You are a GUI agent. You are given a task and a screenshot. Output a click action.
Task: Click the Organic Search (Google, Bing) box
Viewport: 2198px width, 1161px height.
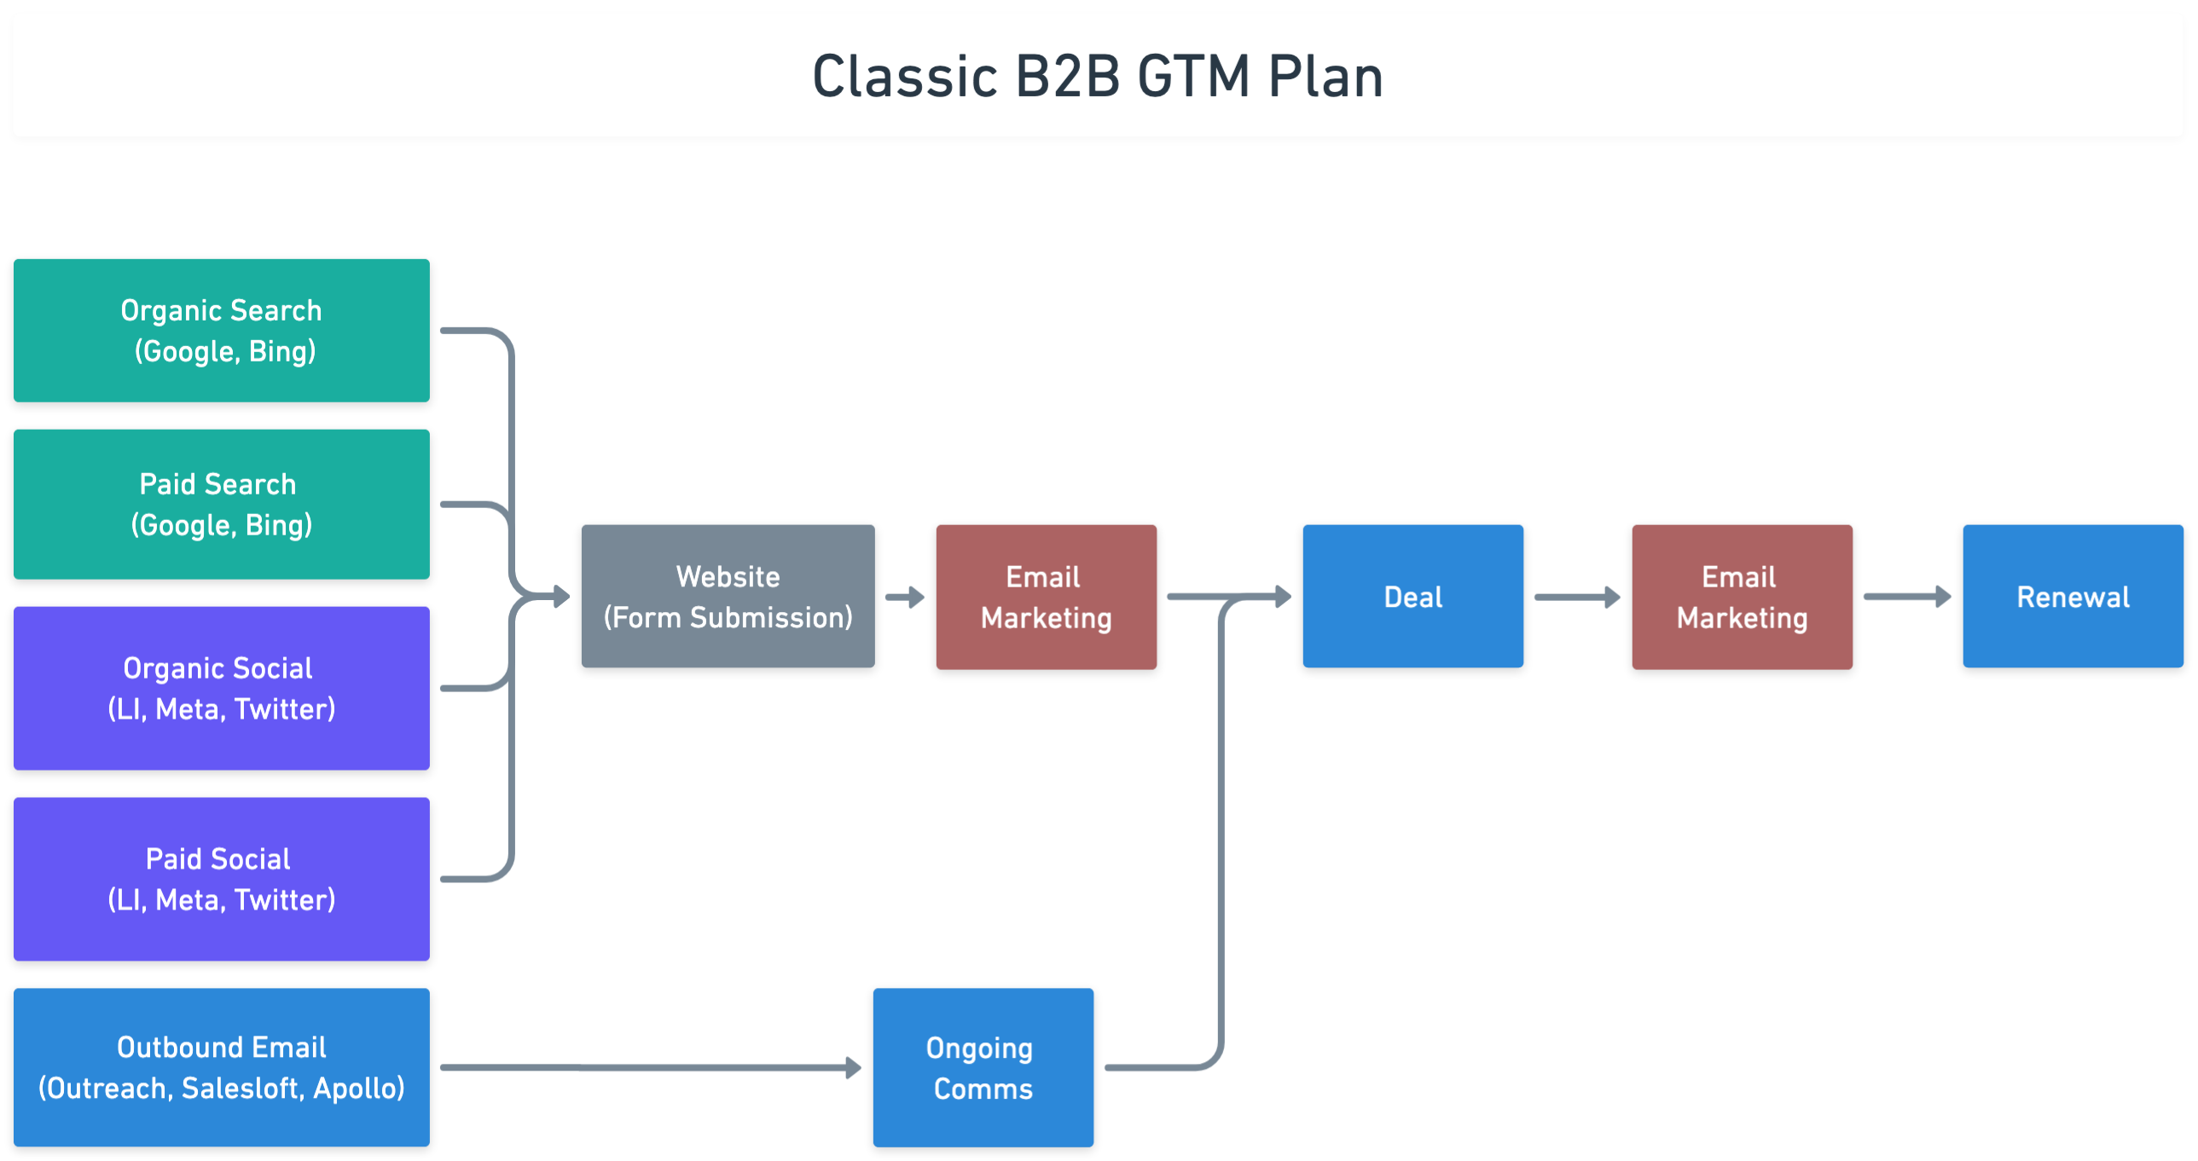(x=221, y=330)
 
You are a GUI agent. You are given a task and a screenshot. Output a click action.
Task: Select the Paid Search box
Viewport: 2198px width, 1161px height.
(x=221, y=504)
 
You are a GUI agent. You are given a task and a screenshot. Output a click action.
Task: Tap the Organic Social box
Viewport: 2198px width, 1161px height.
(x=221, y=688)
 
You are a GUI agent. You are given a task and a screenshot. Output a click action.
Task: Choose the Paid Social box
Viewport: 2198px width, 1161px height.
(x=221, y=879)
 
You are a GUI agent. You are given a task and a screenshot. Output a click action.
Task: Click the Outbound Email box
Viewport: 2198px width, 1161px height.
(x=221, y=1067)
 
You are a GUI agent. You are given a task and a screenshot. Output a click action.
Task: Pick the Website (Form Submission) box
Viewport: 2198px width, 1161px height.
(x=728, y=597)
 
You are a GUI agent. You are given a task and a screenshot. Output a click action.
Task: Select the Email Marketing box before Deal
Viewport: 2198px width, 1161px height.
(x=1046, y=597)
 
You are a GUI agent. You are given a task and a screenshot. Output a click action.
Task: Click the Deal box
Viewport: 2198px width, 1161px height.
(x=1413, y=597)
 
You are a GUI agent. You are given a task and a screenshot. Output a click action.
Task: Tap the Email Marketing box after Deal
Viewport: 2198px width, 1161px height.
(x=1742, y=597)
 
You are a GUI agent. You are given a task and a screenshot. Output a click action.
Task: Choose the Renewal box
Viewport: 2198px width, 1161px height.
(x=2073, y=597)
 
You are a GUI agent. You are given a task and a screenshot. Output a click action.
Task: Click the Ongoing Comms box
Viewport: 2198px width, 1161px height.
(x=983, y=1067)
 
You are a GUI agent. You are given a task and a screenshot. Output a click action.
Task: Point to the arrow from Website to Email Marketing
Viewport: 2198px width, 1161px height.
(x=905, y=598)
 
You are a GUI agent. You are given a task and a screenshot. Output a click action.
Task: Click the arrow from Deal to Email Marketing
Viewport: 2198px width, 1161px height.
(x=1578, y=598)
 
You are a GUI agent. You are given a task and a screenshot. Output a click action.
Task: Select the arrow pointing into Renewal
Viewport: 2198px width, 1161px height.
(x=1908, y=598)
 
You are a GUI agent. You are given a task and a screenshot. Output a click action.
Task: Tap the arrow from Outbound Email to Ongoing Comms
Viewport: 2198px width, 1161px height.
(x=651, y=1067)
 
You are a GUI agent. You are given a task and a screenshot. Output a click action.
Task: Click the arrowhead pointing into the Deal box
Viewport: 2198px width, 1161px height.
(x=1284, y=597)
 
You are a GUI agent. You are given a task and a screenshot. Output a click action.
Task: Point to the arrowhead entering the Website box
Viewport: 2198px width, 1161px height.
(x=561, y=597)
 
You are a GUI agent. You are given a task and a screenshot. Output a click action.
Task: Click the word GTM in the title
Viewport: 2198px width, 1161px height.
(x=1193, y=77)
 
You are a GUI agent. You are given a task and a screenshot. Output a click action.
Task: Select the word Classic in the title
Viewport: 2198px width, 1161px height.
(x=905, y=77)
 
